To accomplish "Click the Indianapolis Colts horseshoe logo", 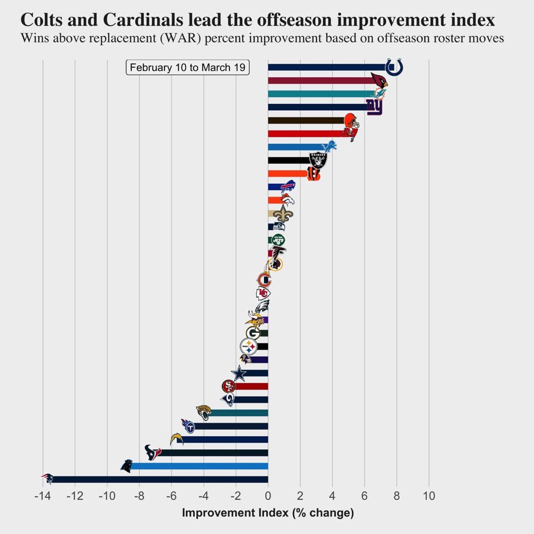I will [393, 67].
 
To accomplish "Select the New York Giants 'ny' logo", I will [374, 107].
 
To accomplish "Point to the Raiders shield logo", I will [318, 160].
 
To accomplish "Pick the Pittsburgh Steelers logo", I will [249, 347].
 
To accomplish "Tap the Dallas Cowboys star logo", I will [239, 374].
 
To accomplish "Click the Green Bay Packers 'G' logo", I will [253, 333].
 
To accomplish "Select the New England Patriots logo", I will [48, 478].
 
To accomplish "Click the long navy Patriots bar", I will [160, 479].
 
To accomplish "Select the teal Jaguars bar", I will [240, 413].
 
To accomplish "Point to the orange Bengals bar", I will [287, 174].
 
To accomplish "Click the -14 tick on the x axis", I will [43, 496].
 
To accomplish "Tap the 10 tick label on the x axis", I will [429, 496].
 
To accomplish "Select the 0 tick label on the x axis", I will [268, 496].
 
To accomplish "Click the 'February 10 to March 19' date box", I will [188, 68].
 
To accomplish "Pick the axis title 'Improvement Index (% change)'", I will [268, 513].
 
